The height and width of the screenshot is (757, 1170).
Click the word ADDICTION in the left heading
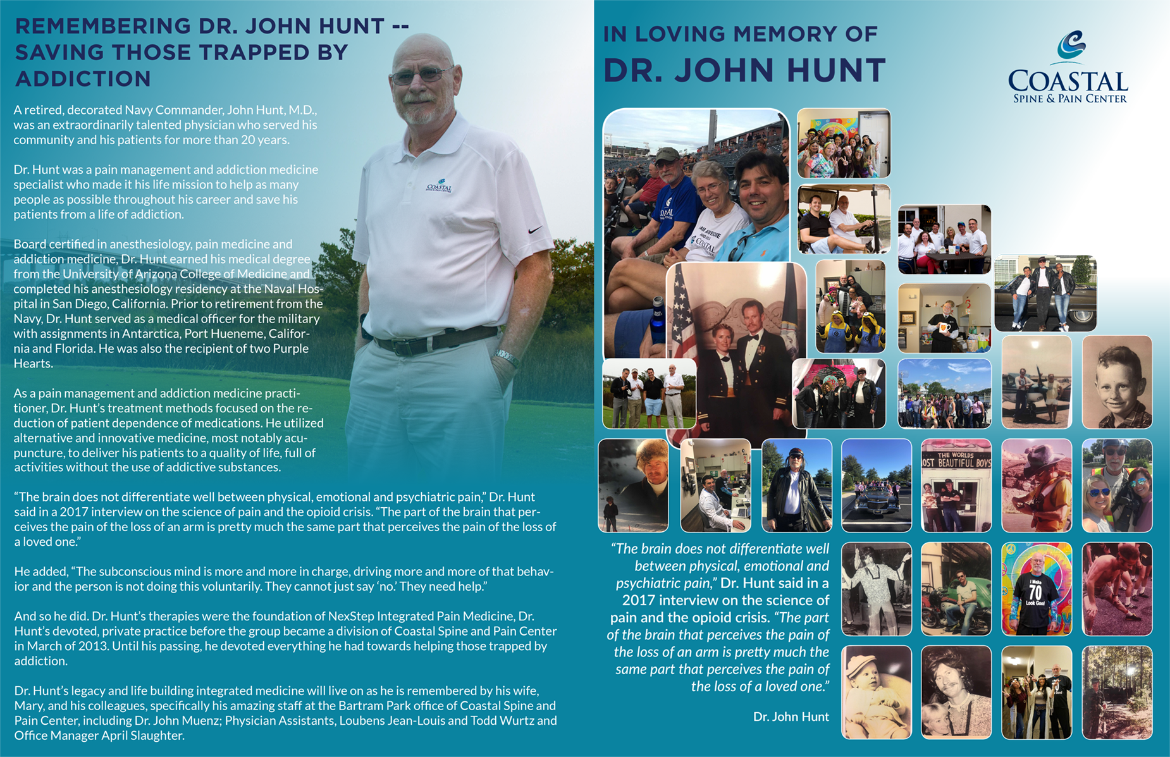pyautogui.click(x=83, y=79)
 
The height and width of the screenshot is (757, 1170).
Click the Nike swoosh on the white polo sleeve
pyautogui.click(x=535, y=230)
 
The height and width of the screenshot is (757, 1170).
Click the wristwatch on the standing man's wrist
pyautogui.click(x=507, y=358)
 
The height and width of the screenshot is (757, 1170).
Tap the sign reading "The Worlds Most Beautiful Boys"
pyautogui.click(x=956, y=459)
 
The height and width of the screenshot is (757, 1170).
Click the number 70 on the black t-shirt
pyautogui.click(x=1035, y=593)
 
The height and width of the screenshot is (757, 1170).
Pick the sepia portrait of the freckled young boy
pyautogui.click(x=1117, y=382)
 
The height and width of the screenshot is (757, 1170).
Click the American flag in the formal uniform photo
pyautogui.click(x=682, y=316)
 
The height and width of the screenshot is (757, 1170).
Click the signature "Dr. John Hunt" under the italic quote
pyautogui.click(x=791, y=717)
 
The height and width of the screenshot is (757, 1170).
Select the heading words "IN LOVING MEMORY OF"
pyautogui.click(x=740, y=34)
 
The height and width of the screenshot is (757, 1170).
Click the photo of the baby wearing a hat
pyautogui.click(x=876, y=692)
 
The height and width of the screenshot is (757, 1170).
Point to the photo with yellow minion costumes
pyautogui.click(x=851, y=306)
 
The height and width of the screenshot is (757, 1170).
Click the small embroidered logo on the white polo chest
pyautogui.click(x=439, y=187)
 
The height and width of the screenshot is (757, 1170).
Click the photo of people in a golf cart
pyautogui.click(x=844, y=219)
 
